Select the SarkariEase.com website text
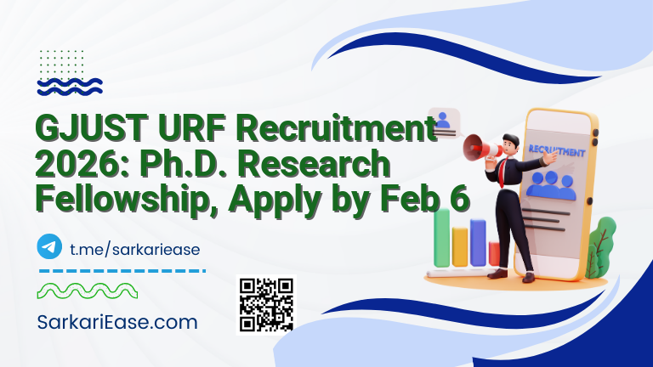117,323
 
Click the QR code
266,304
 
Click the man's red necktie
504,171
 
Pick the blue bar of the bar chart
478,241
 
